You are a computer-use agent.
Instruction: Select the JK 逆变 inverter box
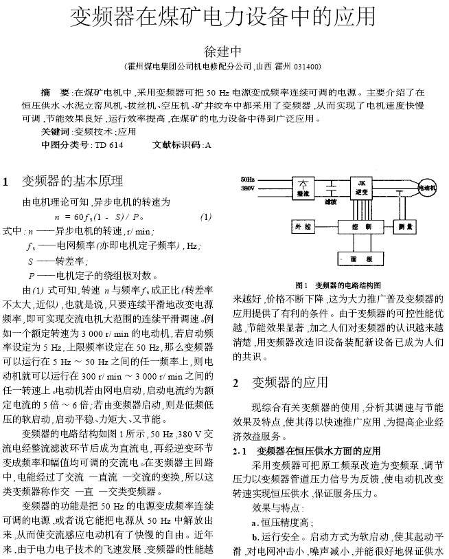pyautogui.click(x=361, y=188)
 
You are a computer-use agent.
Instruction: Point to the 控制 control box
pyautogui.click(x=361, y=226)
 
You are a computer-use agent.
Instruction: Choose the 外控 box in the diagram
pyautogui.click(x=303, y=226)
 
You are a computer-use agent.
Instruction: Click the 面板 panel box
pyautogui.click(x=361, y=259)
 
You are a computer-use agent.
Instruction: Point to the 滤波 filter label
pyautogui.click(x=332, y=203)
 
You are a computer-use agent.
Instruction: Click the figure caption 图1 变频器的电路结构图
pyautogui.click(x=338, y=285)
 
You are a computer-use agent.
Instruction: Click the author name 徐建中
pyautogui.click(x=224, y=51)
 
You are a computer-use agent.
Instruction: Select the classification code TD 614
pyautogui.click(x=109, y=145)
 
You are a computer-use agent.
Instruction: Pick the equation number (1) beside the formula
pyautogui.click(x=205, y=217)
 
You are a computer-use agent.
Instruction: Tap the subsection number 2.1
pyautogui.click(x=240, y=452)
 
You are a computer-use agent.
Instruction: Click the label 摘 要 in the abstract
pyautogui.click(x=56, y=92)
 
